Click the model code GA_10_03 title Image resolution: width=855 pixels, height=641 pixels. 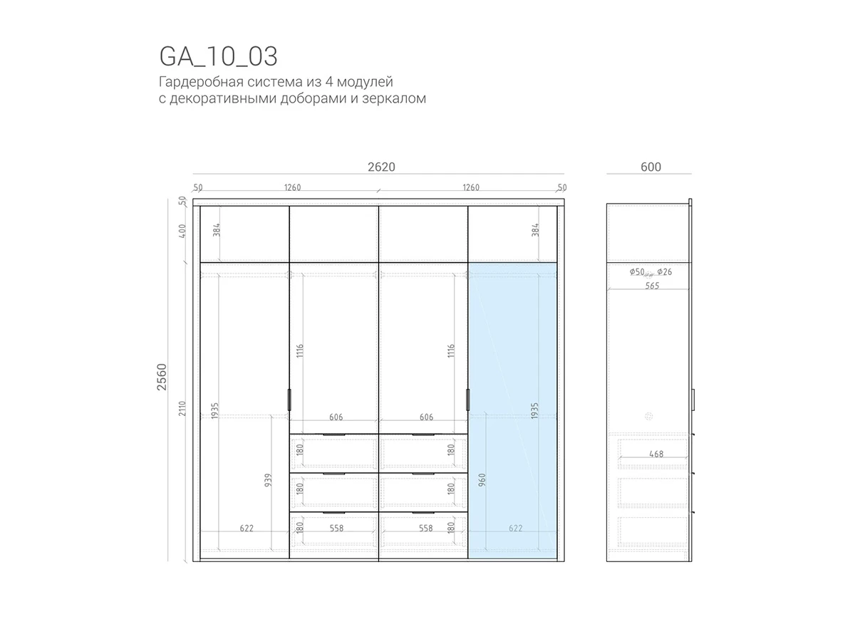(218, 56)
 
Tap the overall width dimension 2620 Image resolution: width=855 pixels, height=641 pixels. (381, 167)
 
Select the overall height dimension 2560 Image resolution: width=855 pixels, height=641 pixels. (162, 377)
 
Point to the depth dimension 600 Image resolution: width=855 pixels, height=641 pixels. (651, 167)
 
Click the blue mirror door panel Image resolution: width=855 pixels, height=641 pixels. (512, 411)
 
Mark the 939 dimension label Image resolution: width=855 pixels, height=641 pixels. (268, 480)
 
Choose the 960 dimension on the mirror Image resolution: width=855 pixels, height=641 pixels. (482, 480)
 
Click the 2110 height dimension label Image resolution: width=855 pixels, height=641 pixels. (182, 408)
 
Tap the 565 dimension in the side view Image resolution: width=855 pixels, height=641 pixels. (652, 286)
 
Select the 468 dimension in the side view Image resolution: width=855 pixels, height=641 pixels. (656, 454)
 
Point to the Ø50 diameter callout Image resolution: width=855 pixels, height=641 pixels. (637, 272)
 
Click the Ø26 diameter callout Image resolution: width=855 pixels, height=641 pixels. (665, 272)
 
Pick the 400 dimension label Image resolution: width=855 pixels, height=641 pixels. (182, 231)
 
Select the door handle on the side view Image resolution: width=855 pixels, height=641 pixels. (693, 400)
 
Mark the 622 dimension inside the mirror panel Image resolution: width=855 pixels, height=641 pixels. (515, 528)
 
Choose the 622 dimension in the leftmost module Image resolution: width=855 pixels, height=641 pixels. (247, 528)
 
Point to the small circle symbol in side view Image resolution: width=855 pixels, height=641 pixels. (648, 417)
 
